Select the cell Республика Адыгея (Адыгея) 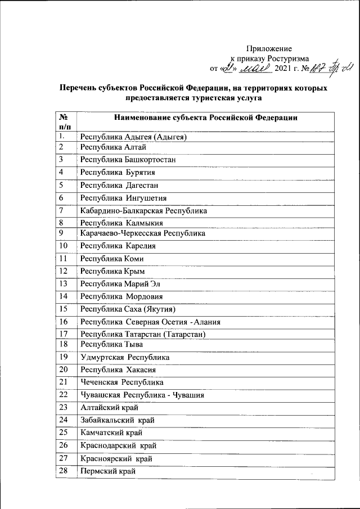click(x=133, y=137)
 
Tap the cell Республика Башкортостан click(x=128, y=160)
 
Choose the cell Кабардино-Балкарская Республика click(x=143, y=211)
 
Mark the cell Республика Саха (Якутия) click(x=128, y=309)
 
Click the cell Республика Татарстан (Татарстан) click(x=142, y=335)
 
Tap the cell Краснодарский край click(x=118, y=445)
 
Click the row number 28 click(x=63, y=470)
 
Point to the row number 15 click(x=63, y=309)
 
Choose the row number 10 click(x=63, y=246)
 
